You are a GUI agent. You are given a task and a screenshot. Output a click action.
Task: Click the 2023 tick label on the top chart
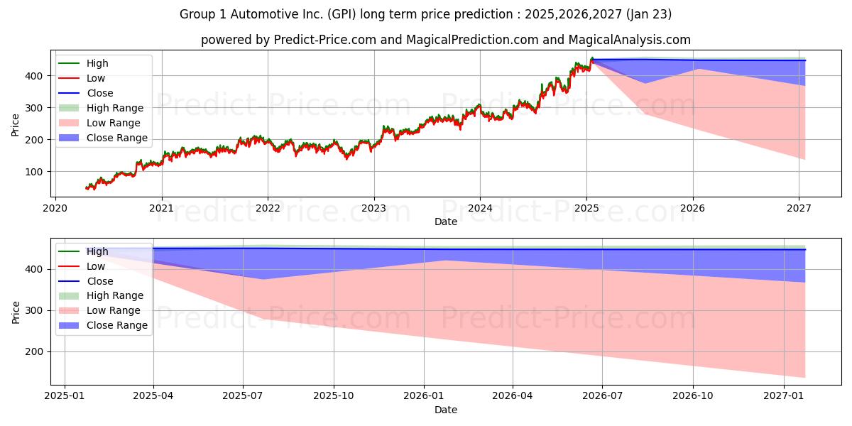(x=374, y=209)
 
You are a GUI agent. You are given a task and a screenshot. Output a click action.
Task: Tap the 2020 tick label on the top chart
(x=55, y=209)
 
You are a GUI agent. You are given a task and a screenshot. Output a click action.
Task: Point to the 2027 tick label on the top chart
(x=799, y=209)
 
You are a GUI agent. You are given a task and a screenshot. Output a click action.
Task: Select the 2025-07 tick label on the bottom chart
(x=243, y=396)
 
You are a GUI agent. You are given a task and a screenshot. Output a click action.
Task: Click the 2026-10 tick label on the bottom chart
(x=693, y=396)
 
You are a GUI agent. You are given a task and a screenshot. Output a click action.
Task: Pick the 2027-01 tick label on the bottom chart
(x=784, y=396)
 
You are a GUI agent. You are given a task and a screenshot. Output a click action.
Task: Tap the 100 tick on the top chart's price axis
(x=34, y=172)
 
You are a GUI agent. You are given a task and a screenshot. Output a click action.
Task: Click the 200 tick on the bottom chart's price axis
(x=34, y=352)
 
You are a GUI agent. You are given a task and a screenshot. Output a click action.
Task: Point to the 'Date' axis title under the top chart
(x=446, y=222)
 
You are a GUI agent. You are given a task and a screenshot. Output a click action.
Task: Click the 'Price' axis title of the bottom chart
(x=16, y=312)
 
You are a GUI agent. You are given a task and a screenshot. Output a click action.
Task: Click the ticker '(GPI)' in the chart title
(x=342, y=14)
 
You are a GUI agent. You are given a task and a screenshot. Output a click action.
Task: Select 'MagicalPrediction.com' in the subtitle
(x=472, y=40)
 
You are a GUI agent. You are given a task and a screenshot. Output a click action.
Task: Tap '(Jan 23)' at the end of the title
(x=648, y=14)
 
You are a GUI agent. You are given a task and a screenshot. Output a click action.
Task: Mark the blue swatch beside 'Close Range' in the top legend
(x=69, y=138)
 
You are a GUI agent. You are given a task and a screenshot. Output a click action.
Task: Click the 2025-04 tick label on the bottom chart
(x=153, y=396)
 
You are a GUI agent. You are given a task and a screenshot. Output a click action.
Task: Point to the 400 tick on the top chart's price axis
(x=34, y=76)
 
